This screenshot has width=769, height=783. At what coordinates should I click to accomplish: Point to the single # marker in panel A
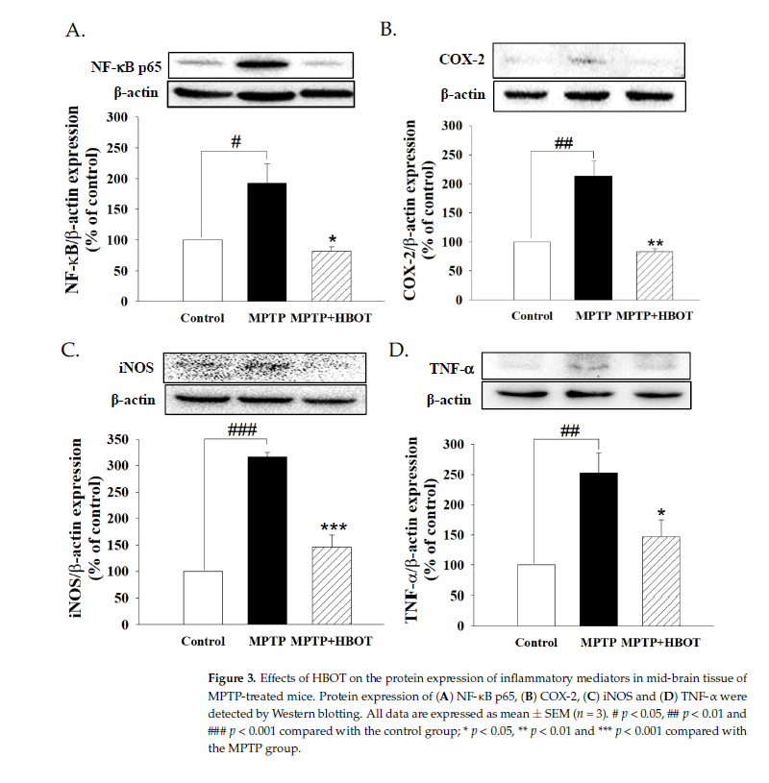coord(236,142)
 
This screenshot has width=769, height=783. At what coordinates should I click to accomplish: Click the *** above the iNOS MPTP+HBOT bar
coord(334,528)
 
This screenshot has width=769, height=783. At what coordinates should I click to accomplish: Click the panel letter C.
coord(72,349)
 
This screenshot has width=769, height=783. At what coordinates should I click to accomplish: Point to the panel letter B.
coord(387,30)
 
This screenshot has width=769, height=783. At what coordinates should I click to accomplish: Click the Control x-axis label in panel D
coord(535,641)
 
